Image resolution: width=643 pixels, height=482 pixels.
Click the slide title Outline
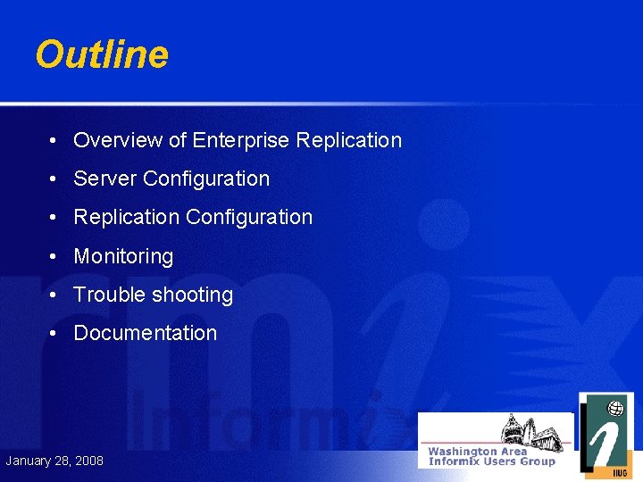tap(102, 55)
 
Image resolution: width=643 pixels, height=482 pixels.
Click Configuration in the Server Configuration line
tap(206, 179)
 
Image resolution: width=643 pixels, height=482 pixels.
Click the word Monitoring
tap(123, 256)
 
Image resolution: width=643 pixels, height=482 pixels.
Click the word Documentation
tap(145, 333)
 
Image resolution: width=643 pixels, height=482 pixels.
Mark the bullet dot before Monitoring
tap(54, 257)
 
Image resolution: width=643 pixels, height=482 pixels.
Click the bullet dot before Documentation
tap(54, 334)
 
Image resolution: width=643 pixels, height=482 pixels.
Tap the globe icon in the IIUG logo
tap(615, 409)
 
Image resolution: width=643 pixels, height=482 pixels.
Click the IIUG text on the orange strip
tap(618, 472)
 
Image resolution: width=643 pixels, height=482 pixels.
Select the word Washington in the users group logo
tap(464, 452)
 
